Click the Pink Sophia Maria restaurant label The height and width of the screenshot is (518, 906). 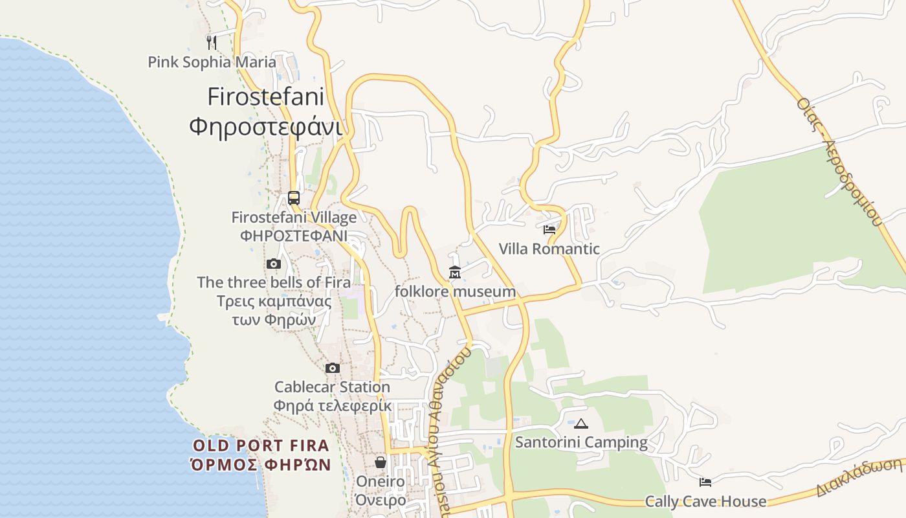tap(212, 62)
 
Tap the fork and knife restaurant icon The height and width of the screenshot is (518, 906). tap(211, 42)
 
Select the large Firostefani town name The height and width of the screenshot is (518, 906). tap(265, 96)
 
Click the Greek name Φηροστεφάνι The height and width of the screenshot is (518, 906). tap(265, 126)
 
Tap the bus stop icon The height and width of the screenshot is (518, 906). tap(294, 198)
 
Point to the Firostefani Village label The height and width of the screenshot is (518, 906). tap(294, 218)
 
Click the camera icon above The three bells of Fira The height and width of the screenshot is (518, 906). tap(274, 264)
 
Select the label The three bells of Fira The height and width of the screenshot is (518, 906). tap(274, 282)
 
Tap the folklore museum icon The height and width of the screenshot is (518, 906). tap(455, 273)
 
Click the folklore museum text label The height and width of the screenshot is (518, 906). tap(455, 291)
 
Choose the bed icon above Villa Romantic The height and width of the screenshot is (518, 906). tap(549, 229)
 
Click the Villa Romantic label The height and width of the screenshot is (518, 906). tap(549, 249)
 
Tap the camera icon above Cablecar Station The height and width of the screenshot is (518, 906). tap(333, 368)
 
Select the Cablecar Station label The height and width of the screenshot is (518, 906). tap(332, 387)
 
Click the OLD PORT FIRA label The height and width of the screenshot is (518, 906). tap(261, 445)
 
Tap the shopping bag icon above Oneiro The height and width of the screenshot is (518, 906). tap(381, 462)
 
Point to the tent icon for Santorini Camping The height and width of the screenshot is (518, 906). tap(581, 424)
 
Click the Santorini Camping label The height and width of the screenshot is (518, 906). tap(581, 442)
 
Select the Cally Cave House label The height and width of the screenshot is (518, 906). tap(705, 501)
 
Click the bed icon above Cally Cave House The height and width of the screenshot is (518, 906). tap(705, 482)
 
